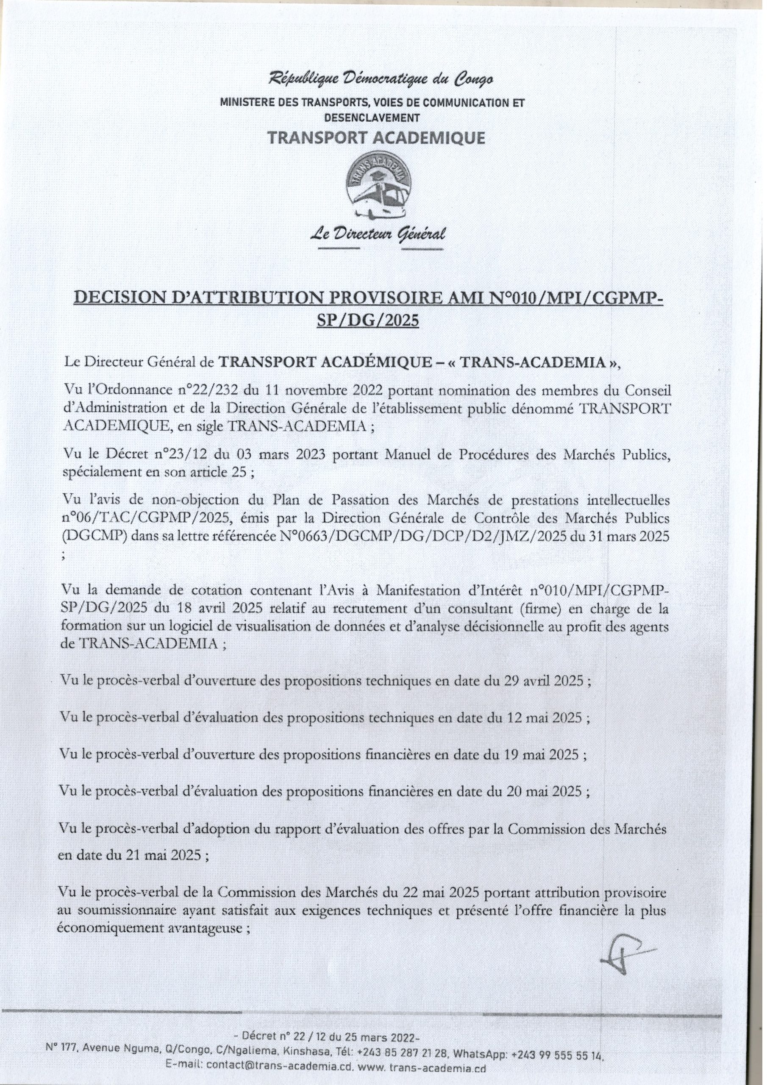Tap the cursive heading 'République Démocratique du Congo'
(381, 79)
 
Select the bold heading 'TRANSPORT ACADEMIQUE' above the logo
(376, 137)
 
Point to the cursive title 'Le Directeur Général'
(377, 234)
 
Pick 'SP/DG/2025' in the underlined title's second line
(368, 320)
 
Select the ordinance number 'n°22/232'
(211, 390)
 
